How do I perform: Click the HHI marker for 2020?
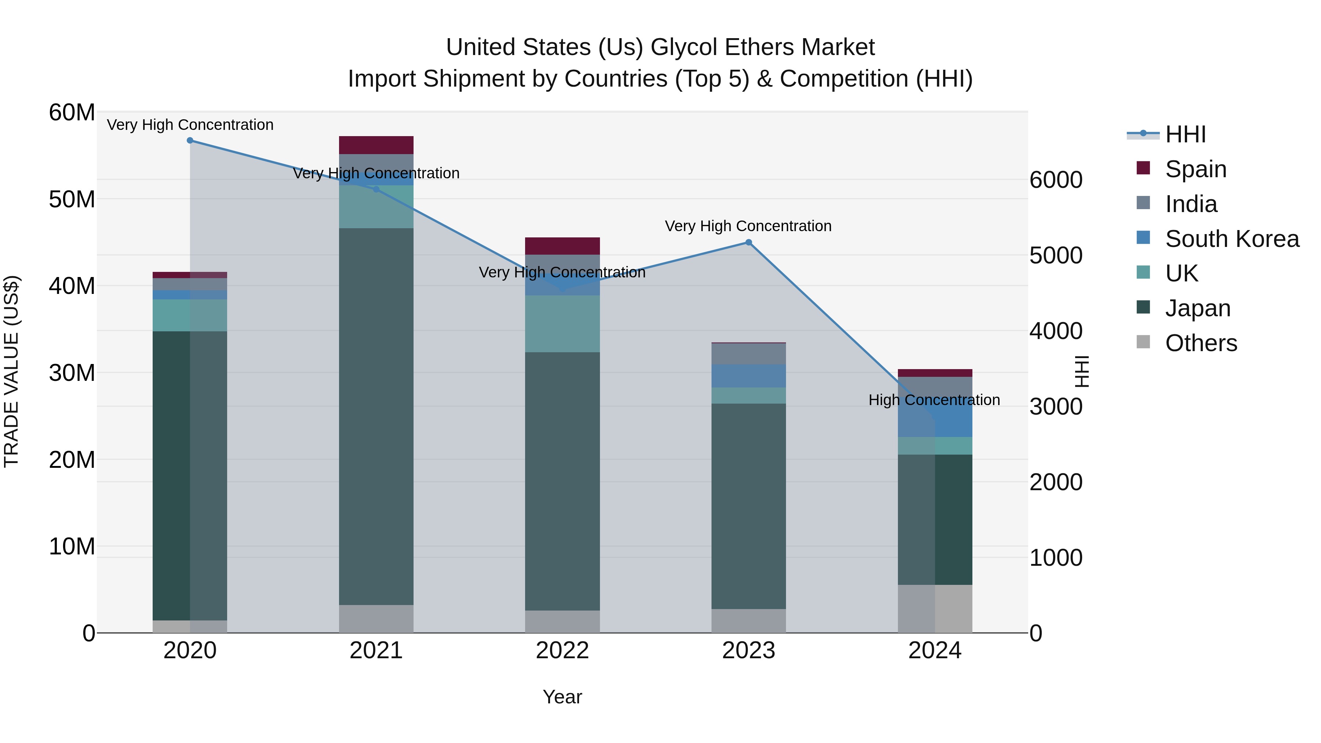(x=190, y=141)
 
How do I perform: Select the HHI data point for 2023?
(x=748, y=243)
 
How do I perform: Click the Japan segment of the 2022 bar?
(x=562, y=481)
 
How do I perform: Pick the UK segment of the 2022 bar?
(x=562, y=324)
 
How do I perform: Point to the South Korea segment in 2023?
(x=748, y=376)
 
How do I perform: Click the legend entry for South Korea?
(x=1232, y=239)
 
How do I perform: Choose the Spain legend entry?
(x=1196, y=169)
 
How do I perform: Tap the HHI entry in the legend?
(x=1185, y=134)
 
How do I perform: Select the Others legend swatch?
(x=1143, y=342)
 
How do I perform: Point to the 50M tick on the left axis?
(x=72, y=200)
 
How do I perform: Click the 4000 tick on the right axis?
(x=1056, y=331)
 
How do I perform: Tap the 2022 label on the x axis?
(x=562, y=651)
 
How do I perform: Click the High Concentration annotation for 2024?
(x=934, y=400)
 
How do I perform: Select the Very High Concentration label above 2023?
(x=748, y=226)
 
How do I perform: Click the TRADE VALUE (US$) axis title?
(x=11, y=371)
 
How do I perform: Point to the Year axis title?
(x=562, y=697)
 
